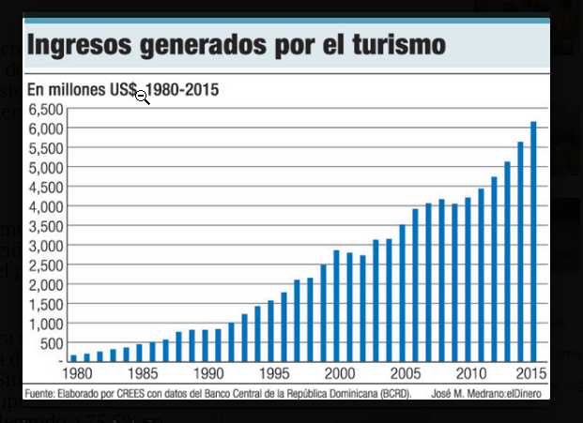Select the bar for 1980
pyautogui.click(x=73, y=357)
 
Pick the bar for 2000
pyautogui.click(x=336, y=306)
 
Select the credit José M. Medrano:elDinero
pyautogui.click(x=490, y=393)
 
